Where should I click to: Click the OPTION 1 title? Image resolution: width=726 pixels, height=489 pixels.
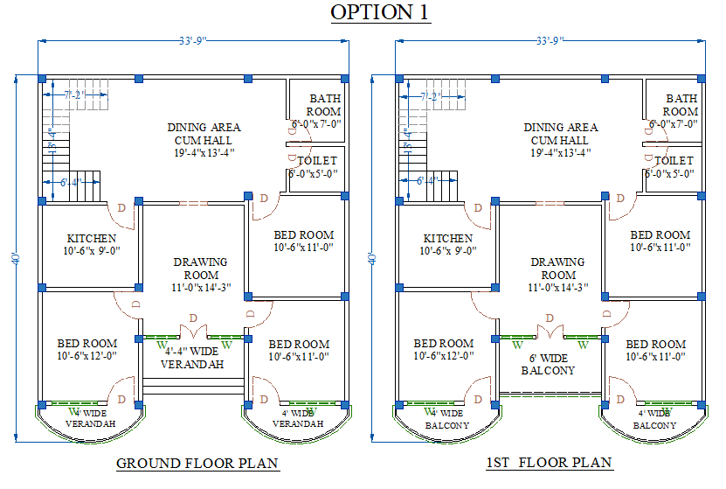point(380,13)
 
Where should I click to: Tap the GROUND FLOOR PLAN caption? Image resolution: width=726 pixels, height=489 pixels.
point(197,464)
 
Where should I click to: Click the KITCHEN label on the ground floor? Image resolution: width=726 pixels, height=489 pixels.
point(92,238)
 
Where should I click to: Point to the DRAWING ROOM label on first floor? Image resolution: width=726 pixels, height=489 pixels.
point(557,269)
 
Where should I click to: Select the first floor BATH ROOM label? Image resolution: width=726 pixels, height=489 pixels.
point(680,105)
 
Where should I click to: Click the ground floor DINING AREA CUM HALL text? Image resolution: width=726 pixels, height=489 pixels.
point(204,134)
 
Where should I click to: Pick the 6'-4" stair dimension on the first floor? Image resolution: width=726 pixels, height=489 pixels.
point(427,181)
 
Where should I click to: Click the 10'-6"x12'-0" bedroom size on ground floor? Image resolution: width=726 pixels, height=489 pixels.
point(87,356)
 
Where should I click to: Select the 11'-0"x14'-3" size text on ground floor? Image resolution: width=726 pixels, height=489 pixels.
point(201,288)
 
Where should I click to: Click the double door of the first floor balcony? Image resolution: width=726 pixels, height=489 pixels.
point(550,333)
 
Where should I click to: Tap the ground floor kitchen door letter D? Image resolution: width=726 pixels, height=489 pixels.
point(121,206)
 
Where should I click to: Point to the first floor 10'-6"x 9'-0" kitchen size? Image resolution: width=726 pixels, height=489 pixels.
point(448,251)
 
